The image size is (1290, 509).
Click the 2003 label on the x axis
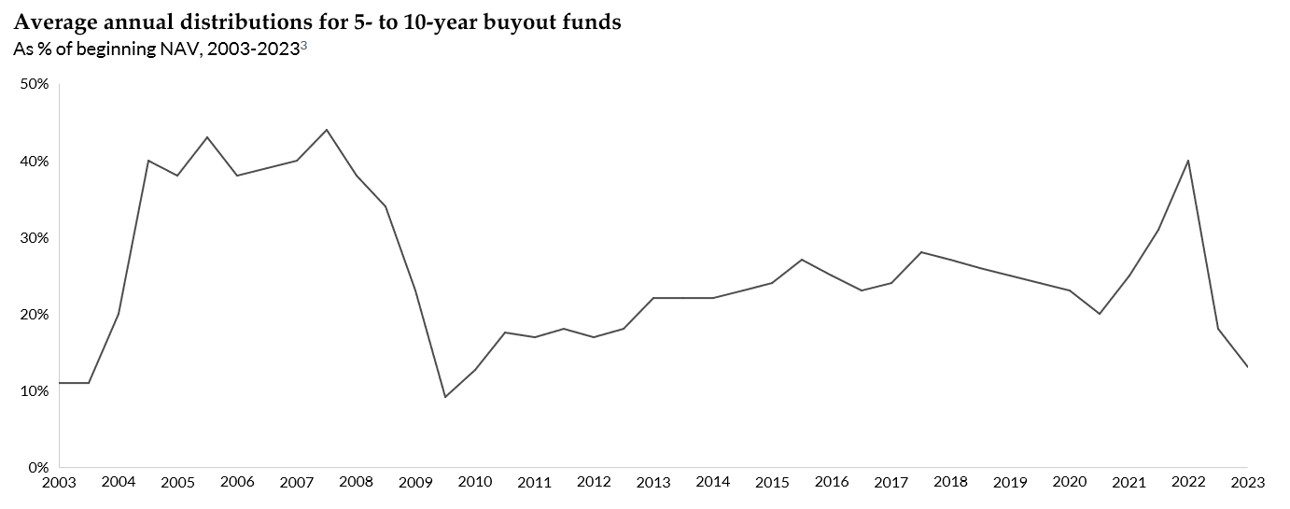[x=59, y=482]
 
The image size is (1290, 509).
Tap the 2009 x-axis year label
[x=415, y=482]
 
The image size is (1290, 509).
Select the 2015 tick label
[x=772, y=482]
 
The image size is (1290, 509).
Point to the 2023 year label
[x=1247, y=482]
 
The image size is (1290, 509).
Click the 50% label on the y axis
[x=35, y=84]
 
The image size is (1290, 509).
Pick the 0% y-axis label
[x=38, y=467]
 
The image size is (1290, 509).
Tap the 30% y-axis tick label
[x=35, y=237]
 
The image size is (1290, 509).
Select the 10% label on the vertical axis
[x=35, y=390]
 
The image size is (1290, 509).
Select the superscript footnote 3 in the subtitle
[x=303, y=46]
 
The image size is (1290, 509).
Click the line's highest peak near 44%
[x=326, y=130]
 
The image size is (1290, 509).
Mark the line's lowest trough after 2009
[x=445, y=397]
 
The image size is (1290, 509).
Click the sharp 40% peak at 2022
[x=1187, y=161]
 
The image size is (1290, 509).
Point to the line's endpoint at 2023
[x=1247, y=366]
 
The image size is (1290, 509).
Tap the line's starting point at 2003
[x=60, y=383]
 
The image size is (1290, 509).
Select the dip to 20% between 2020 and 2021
[x=1099, y=314]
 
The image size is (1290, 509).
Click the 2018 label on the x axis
[x=950, y=482]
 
